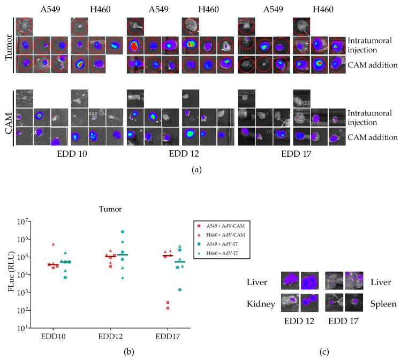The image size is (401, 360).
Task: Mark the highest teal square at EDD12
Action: (123, 232)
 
